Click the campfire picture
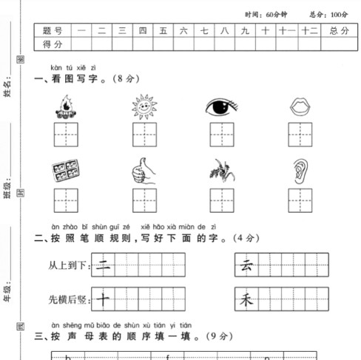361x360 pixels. pyautogui.click(x=66, y=108)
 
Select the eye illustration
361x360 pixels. pyautogui.click(x=222, y=107)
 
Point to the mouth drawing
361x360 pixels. pyautogui.click(x=300, y=107)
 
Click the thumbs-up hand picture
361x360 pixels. pyautogui.click(x=144, y=171)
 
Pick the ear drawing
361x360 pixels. pyautogui.click(x=300, y=171)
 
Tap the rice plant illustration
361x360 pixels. pyautogui.click(x=222, y=171)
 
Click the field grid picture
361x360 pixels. pyautogui.click(x=66, y=171)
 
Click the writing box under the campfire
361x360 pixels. pyautogui.click(x=66, y=135)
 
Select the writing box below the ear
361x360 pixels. pyautogui.click(x=300, y=200)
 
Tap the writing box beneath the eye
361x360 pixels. pyautogui.click(x=222, y=135)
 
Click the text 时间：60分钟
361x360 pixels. pyautogui.click(x=266, y=14)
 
